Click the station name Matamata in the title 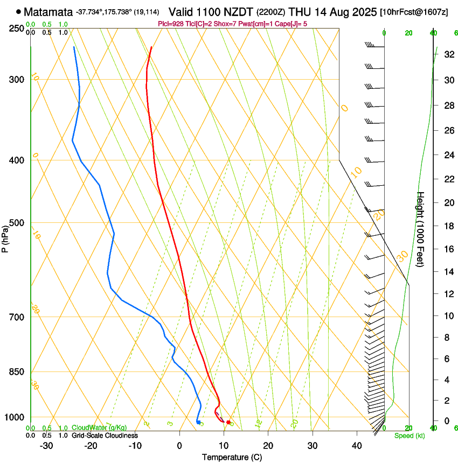pyautogui.click(x=48, y=11)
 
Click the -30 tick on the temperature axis pyautogui.click(x=46, y=445)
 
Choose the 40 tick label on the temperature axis pyautogui.click(x=356, y=445)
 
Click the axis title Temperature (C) pyautogui.click(x=232, y=457)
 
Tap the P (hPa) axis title pyautogui.click(x=5, y=237)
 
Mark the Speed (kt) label pyautogui.click(x=410, y=436)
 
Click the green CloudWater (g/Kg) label pyautogui.click(x=99, y=427)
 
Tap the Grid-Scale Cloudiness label pyautogui.click(x=105, y=435)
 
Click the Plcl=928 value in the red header pyautogui.click(x=171, y=23)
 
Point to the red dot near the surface pyautogui.click(x=228, y=422)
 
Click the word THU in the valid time pyautogui.click(x=300, y=11)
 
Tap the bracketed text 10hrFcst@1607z pyautogui.click(x=414, y=12)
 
